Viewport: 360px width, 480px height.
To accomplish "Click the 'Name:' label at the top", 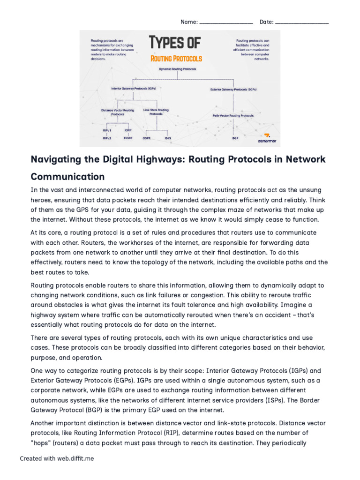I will pos(189,22).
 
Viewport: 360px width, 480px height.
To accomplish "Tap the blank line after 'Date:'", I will pos(302,22).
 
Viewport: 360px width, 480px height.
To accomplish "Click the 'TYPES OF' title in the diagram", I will pos(175,44).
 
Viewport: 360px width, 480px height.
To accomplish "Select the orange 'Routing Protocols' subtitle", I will pos(176,59).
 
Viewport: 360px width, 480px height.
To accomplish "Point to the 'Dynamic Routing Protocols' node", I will pos(177,69).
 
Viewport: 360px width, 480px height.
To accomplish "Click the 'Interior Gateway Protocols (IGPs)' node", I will pos(133,88).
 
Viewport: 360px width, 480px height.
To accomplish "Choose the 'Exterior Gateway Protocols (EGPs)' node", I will pos(233,89).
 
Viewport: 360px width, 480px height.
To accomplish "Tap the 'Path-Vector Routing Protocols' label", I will pos(233,115).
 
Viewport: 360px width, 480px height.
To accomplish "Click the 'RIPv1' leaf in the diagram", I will pos(107,130).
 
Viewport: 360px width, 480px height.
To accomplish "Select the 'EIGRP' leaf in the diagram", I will pos(128,138).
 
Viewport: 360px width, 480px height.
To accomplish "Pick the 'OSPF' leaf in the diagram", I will pos(146,138).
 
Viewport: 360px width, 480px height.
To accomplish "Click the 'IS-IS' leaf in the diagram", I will pos(167,138).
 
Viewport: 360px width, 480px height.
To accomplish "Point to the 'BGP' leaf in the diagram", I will pos(235,138).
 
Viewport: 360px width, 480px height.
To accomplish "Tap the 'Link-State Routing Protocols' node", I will pos(156,112).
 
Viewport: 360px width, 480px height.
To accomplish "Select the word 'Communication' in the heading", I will pos(67,177).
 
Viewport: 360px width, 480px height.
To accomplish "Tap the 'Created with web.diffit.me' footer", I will pos(57,458).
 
